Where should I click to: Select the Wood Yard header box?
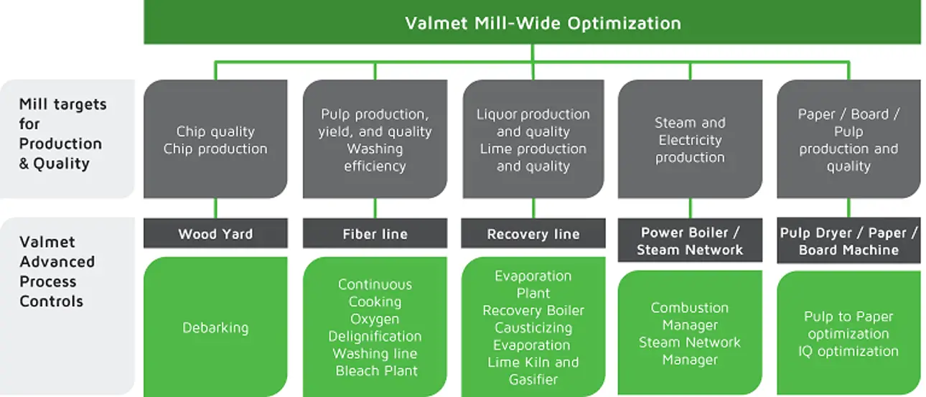215,234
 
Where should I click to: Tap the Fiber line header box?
375,234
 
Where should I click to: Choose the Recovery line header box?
533,235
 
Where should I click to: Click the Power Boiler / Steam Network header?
690,241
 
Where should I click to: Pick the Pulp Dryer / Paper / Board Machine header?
848,241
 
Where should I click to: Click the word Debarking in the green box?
215,328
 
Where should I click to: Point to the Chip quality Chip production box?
215,140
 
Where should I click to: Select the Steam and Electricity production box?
690,140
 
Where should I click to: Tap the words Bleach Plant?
376,371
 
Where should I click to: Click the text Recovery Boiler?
533,311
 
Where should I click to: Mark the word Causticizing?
533,328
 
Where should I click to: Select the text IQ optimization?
848,351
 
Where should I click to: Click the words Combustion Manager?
690,316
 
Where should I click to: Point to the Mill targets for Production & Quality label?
61,134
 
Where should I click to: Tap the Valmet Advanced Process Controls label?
57,271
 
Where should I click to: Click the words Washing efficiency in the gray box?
375,157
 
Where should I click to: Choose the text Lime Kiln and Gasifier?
533,371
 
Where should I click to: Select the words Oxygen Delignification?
375,327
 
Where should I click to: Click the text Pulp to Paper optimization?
848,325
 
